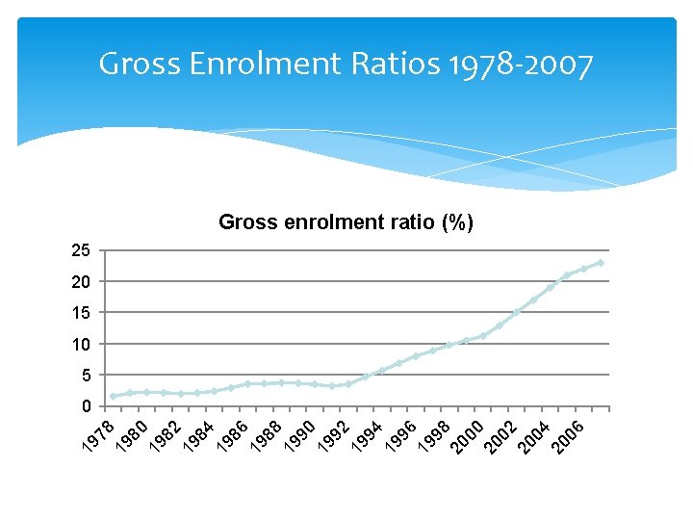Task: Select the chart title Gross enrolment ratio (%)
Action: pyautogui.click(x=346, y=222)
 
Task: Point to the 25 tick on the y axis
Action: pyautogui.click(x=81, y=250)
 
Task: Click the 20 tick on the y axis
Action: pyautogui.click(x=81, y=281)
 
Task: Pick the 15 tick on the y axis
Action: pyautogui.click(x=81, y=313)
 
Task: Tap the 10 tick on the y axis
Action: pyautogui.click(x=81, y=344)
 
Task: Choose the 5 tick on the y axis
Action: pyautogui.click(x=85, y=375)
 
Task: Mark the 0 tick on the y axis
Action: pyautogui.click(x=85, y=405)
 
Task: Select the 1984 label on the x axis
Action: pyautogui.click(x=199, y=434)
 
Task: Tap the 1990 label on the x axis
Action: pyautogui.click(x=300, y=434)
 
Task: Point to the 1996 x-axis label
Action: pyautogui.click(x=401, y=434)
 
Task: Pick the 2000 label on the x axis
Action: pyautogui.click(x=469, y=434)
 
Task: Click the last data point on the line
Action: pyautogui.click(x=601, y=262)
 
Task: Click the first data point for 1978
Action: pyautogui.click(x=113, y=396)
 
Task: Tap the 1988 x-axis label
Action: pyautogui.click(x=267, y=434)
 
